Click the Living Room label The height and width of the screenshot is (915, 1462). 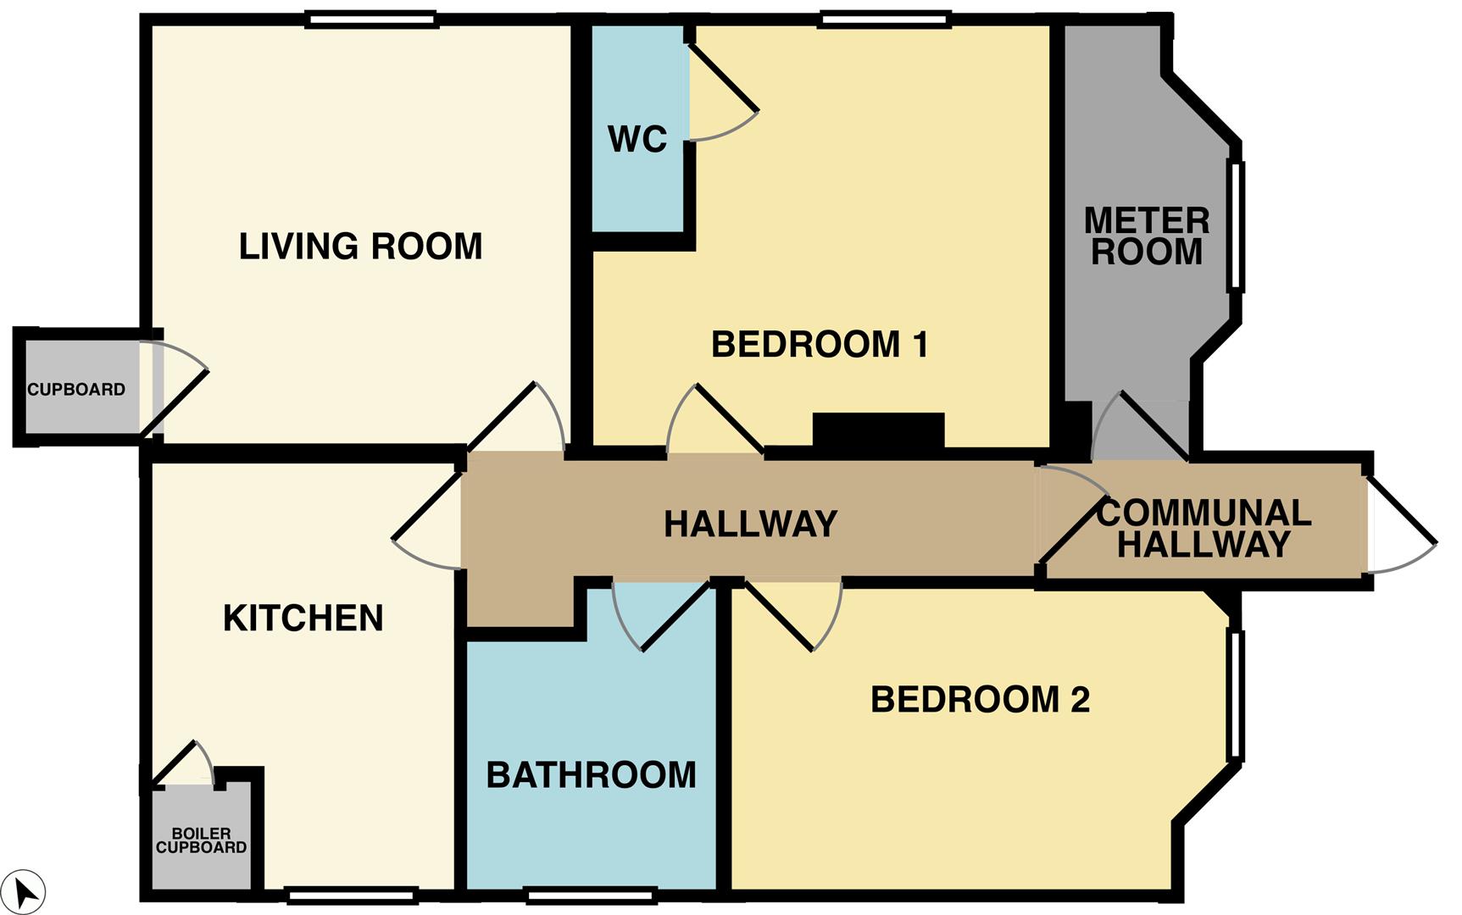pyautogui.click(x=360, y=247)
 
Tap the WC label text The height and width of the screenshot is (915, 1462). pyautogui.click(x=637, y=140)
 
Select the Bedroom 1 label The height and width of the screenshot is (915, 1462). pyautogui.click(x=820, y=345)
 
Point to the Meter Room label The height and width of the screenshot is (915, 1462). pyautogui.click(x=1147, y=236)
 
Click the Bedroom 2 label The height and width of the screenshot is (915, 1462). pyautogui.click(x=980, y=700)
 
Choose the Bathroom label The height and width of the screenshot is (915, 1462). pyautogui.click(x=592, y=775)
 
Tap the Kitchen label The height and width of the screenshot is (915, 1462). pyautogui.click(x=303, y=618)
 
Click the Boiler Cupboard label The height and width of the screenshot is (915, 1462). pyautogui.click(x=202, y=840)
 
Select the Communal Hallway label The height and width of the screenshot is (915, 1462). pyautogui.click(x=1204, y=529)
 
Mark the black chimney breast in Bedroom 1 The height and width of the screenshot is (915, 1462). pyautogui.click(x=879, y=430)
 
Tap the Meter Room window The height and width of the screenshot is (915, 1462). pyautogui.click(x=1236, y=226)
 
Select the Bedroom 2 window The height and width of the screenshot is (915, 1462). pyautogui.click(x=1235, y=696)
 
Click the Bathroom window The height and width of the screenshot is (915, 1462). pyautogui.click(x=592, y=895)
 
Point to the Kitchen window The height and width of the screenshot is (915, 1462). pyautogui.click(x=352, y=895)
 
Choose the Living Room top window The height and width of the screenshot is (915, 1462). pyautogui.click(x=371, y=19)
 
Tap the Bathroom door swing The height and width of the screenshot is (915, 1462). pyautogui.click(x=660, y=616)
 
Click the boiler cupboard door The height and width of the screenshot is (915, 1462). pyautogui.click(x=183, y=762)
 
